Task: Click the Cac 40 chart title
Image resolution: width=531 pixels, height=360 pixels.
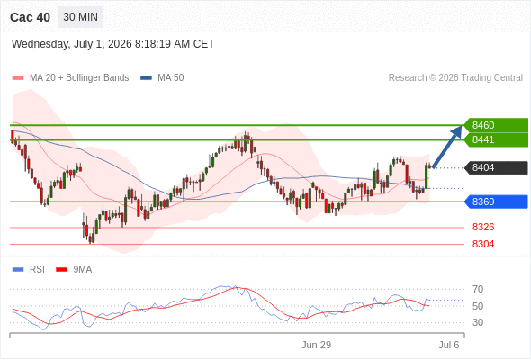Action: (x=30, y=17)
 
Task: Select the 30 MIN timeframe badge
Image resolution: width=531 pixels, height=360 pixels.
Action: (x=81, y=17)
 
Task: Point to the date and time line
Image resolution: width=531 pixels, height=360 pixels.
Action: (x=112, y=44)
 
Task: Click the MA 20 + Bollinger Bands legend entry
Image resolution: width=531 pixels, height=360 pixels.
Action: (x=70, y=78)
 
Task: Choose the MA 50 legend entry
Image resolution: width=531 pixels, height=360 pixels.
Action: (x=162, y=78)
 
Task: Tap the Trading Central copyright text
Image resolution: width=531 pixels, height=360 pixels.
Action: (x=455, y=78)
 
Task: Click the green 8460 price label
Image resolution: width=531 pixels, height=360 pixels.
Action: (x=496, y=125)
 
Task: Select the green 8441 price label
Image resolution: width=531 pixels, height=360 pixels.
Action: (x=496, y=139)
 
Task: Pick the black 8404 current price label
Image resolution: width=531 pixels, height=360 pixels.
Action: (x=496, y=167)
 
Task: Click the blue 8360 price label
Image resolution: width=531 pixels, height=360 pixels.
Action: (x=496, y=202)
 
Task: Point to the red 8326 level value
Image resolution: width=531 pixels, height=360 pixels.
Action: (x=483, y=227)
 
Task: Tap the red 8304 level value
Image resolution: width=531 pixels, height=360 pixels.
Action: (x=483, y=244)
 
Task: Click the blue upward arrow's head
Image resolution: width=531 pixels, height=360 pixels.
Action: (x=458, y=130)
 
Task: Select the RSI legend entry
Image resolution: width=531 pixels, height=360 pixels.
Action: (x=29, y=270)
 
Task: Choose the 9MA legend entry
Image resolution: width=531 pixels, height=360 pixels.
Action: (x=74, y=270)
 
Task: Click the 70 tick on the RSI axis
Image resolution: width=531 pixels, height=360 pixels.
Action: (x=478, y=289)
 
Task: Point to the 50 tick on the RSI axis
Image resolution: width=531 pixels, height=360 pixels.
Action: (x=478, y=306)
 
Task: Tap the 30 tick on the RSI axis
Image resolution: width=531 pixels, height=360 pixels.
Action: (x=478, y=322)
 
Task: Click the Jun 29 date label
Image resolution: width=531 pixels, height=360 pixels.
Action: (x=316, y=345)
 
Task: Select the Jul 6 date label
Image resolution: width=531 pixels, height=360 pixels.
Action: (x=449, y=345)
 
